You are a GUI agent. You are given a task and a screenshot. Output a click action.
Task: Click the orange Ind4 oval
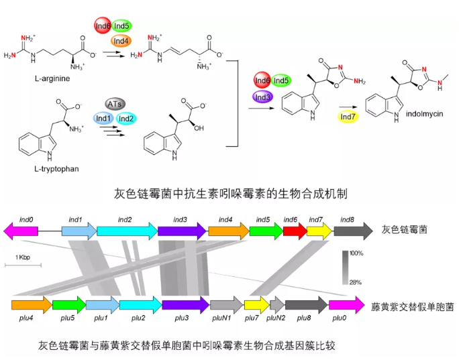point(121,41)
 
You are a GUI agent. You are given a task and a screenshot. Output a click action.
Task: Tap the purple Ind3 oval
point(263,97)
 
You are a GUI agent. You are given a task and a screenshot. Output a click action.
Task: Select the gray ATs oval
point(116,104)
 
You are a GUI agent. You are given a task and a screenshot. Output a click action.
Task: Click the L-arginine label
point(52,79)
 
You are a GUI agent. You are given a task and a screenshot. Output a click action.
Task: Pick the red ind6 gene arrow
point(295,232)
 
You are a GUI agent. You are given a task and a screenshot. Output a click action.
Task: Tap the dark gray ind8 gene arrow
point(352,232)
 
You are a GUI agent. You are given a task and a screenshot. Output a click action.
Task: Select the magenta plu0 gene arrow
point(347,305)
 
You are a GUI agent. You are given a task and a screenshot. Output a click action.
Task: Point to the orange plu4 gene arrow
point(31,305)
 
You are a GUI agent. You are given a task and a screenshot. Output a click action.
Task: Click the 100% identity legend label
point(356,254)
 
